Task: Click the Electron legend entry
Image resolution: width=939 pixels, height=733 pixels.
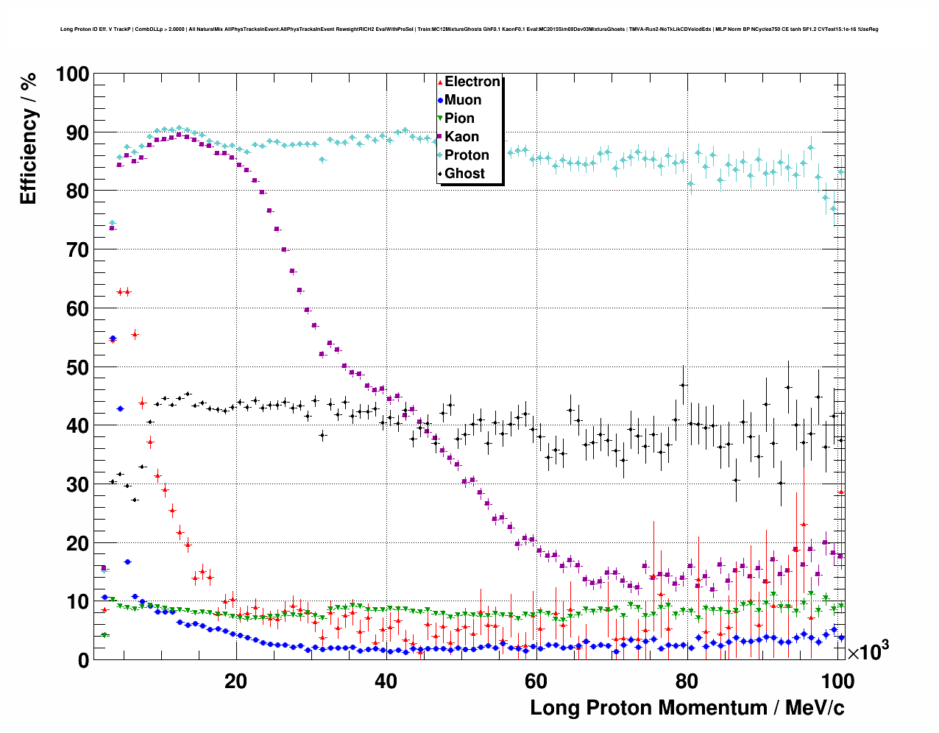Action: [472, 82]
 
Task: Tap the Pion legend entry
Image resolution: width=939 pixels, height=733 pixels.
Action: [459, 118]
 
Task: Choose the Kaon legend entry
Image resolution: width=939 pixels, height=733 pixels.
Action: [461, 137]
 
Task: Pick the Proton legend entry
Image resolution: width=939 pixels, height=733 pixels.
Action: [467, 155]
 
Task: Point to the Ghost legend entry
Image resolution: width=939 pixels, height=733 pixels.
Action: [464, 174]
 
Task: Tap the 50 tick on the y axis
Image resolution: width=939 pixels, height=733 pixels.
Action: [77, 367]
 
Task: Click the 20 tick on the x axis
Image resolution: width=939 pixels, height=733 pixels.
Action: [235, 681]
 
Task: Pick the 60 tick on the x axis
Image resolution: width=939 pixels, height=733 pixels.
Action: [536, 681]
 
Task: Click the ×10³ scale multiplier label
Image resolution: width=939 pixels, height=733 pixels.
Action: [868, 651]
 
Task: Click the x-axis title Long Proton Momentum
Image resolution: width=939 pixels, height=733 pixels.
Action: [687, 708]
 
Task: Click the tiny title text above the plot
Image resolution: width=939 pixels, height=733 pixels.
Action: [469, 29]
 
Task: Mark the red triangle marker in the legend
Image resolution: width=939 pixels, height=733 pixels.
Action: [440, 82]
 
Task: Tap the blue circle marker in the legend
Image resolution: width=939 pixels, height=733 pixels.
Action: [440, 100]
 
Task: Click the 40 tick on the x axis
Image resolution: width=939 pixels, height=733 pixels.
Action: [386, 681]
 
